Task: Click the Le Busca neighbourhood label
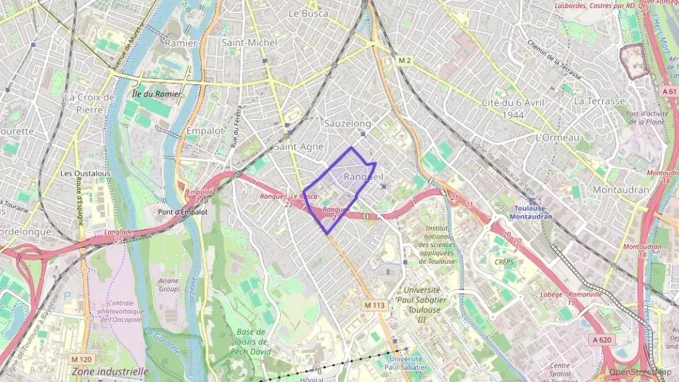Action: pyautogui.click(x=308, y=13)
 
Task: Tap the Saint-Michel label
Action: pyautogui.click(x=250, y=43)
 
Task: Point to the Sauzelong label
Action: pyautogui.click(x=347, y=124)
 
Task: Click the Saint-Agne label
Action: pyautogui.click(x=299, y=146)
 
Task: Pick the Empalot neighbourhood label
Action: pyautogui.click(x=205, y=131)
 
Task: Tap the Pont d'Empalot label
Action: pyautogui.click(x=183, y=212)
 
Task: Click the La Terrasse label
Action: pyautogui.click(x=599, y=101)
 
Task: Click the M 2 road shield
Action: pyautogui.click(x=405, y=61)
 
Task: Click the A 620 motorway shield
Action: pyautogui.click(x=601, y=339)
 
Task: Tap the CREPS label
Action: pyautogui.click(x=504, y=262)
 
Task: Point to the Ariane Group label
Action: pyautogui.click(x=168, y=284)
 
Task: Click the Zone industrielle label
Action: pyautogui.click(x=110, y=371)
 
